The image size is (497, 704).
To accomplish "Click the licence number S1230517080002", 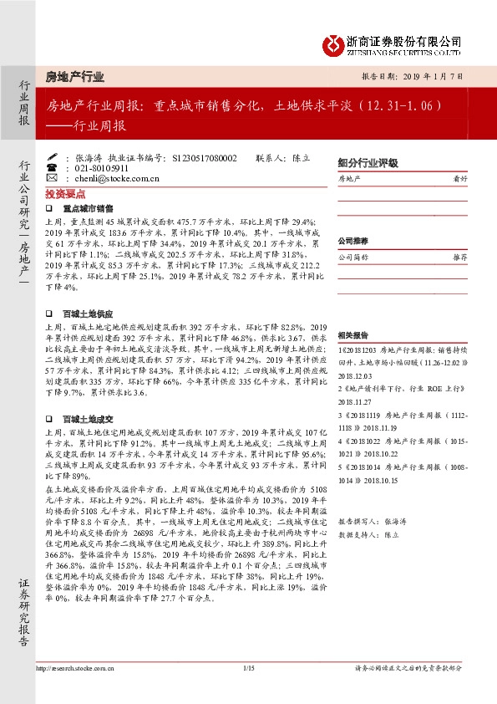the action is (x=203, y=157).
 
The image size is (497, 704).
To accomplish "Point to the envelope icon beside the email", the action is (x=52, y=178).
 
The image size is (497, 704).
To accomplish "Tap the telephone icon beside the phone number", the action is (x=52, y=168).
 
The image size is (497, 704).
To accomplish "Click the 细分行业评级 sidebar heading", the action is (x=367, y=162).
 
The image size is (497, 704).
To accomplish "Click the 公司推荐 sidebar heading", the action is (x=352, y=241).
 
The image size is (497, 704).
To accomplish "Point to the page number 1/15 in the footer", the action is (x=248, y=667).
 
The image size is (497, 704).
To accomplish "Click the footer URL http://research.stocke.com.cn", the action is (x=77, y=668).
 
